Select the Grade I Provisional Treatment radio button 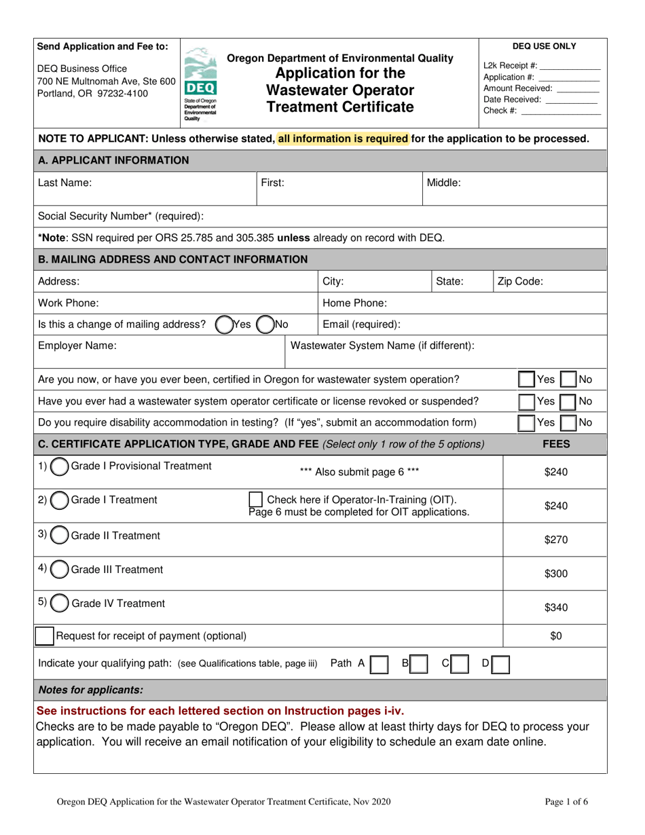60,467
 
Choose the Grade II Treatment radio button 60,536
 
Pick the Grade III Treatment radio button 60,569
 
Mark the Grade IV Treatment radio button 60,603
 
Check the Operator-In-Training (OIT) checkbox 257,500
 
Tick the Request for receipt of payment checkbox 45,636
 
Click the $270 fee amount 555,540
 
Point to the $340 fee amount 555,608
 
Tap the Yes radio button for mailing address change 223,324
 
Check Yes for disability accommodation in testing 527,423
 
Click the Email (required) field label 361,324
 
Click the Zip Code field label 520,281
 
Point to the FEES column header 555,444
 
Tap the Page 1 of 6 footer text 566,802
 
